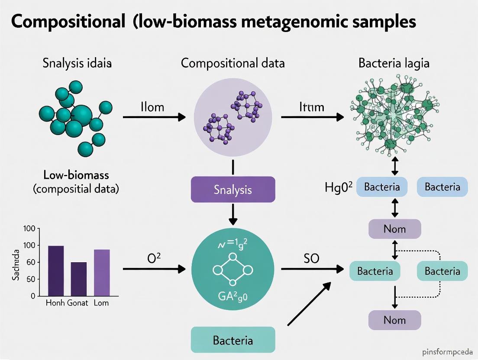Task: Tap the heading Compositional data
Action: pyautogui.click(x=233, y=63)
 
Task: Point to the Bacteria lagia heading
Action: pyautogui.click(x=394, y=63)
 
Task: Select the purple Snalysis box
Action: pyautogui.click(x=233, y=190)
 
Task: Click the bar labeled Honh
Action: pyautogui.click(x=56, y=271)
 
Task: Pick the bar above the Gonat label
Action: pyautogui.click(x=78, y=279)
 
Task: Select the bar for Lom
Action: pyautogui.click(x=102, y=273)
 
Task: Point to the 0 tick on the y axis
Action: pyautogui.click(x=32, y=296)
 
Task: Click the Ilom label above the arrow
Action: pyautogui.click(x=152, y=107)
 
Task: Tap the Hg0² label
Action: pyautogui.click(x=338, y=187)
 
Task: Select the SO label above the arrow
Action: pyautogui.click(x=311, y=259)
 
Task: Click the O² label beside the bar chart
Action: pyautogui.click(x=154, y=259)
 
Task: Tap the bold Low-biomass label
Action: pyautogui.click(x=76, y=175)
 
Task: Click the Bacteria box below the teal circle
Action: pyautogui.click(x=233, y=340)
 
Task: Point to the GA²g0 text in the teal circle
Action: pyautogui.click(x=233, y=298)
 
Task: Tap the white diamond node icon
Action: pyautogui.click(x=233, y=270)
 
